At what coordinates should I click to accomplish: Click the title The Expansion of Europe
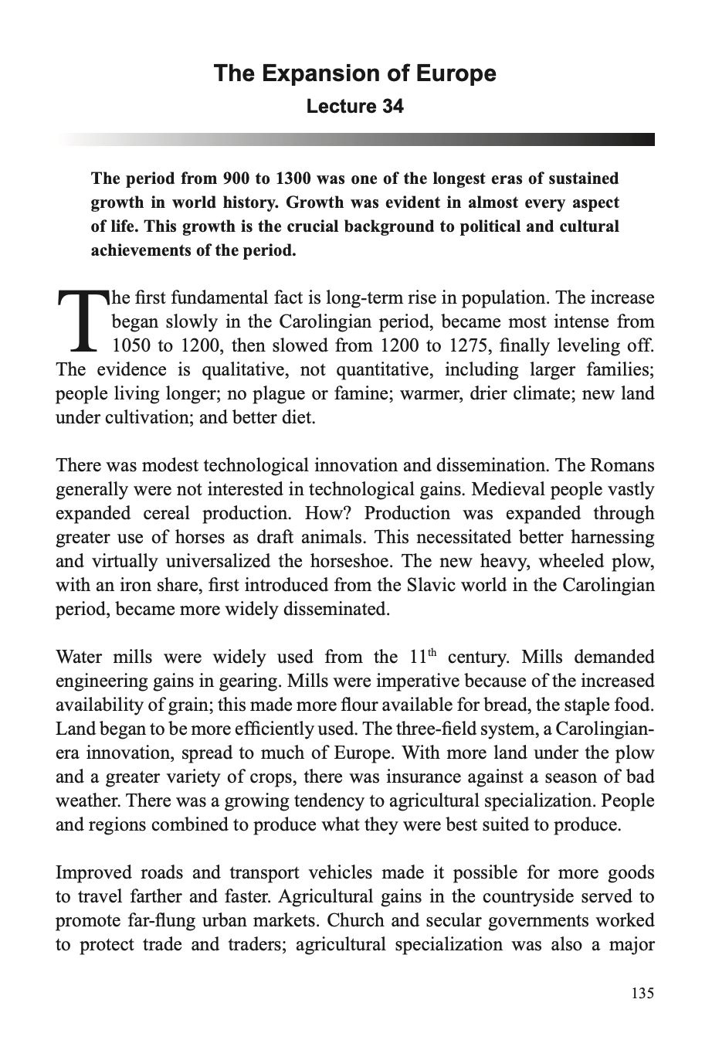click(x=354, y=73)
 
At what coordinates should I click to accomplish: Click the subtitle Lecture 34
click(x=354, y=106)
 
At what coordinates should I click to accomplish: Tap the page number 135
click(x=642, y=993)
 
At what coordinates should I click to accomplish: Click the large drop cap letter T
click(x=80, y=321)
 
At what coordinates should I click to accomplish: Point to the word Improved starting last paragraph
click(x=93, y=873)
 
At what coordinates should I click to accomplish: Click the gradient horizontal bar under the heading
click(x=354, y=139)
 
